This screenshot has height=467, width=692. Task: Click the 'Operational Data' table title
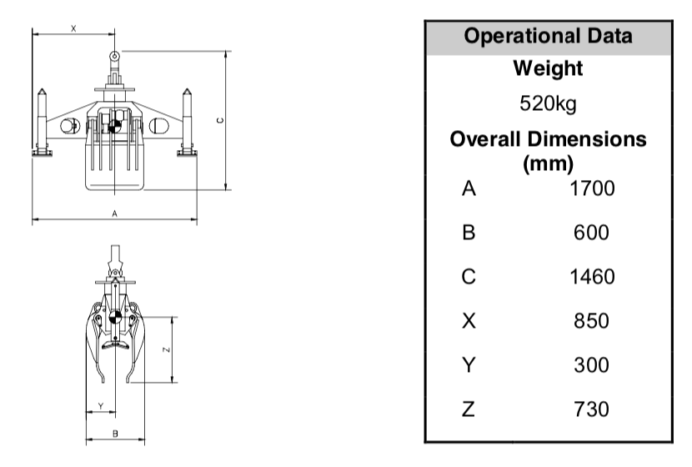pyautogui.click(x=548, y=36)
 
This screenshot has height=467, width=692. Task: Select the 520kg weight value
pyautogui.click(x=548, y=103)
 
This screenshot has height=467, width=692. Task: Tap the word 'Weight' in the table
pyautogui.click(x=548, y=68)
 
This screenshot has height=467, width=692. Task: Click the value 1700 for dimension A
pyautogui.click(x=592, y=188)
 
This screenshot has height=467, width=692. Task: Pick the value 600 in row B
pyautogui.click(x=591, y=233)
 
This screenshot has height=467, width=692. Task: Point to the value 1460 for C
pyautogui.click(x=592, y=277)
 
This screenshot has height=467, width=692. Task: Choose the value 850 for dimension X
pyautogui.click(x=591, y=321)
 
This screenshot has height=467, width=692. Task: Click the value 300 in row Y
pyautogui.click(x=591, y=365)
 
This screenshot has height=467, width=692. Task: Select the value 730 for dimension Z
pyautogui.click(x=591, y=409)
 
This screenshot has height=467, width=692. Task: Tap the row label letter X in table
pyautogui.click(x=469, y=321)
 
